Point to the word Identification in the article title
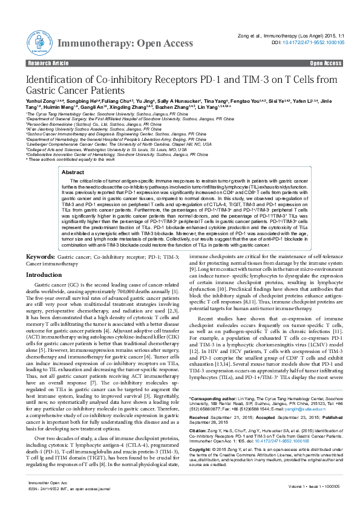56,81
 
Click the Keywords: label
44,257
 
